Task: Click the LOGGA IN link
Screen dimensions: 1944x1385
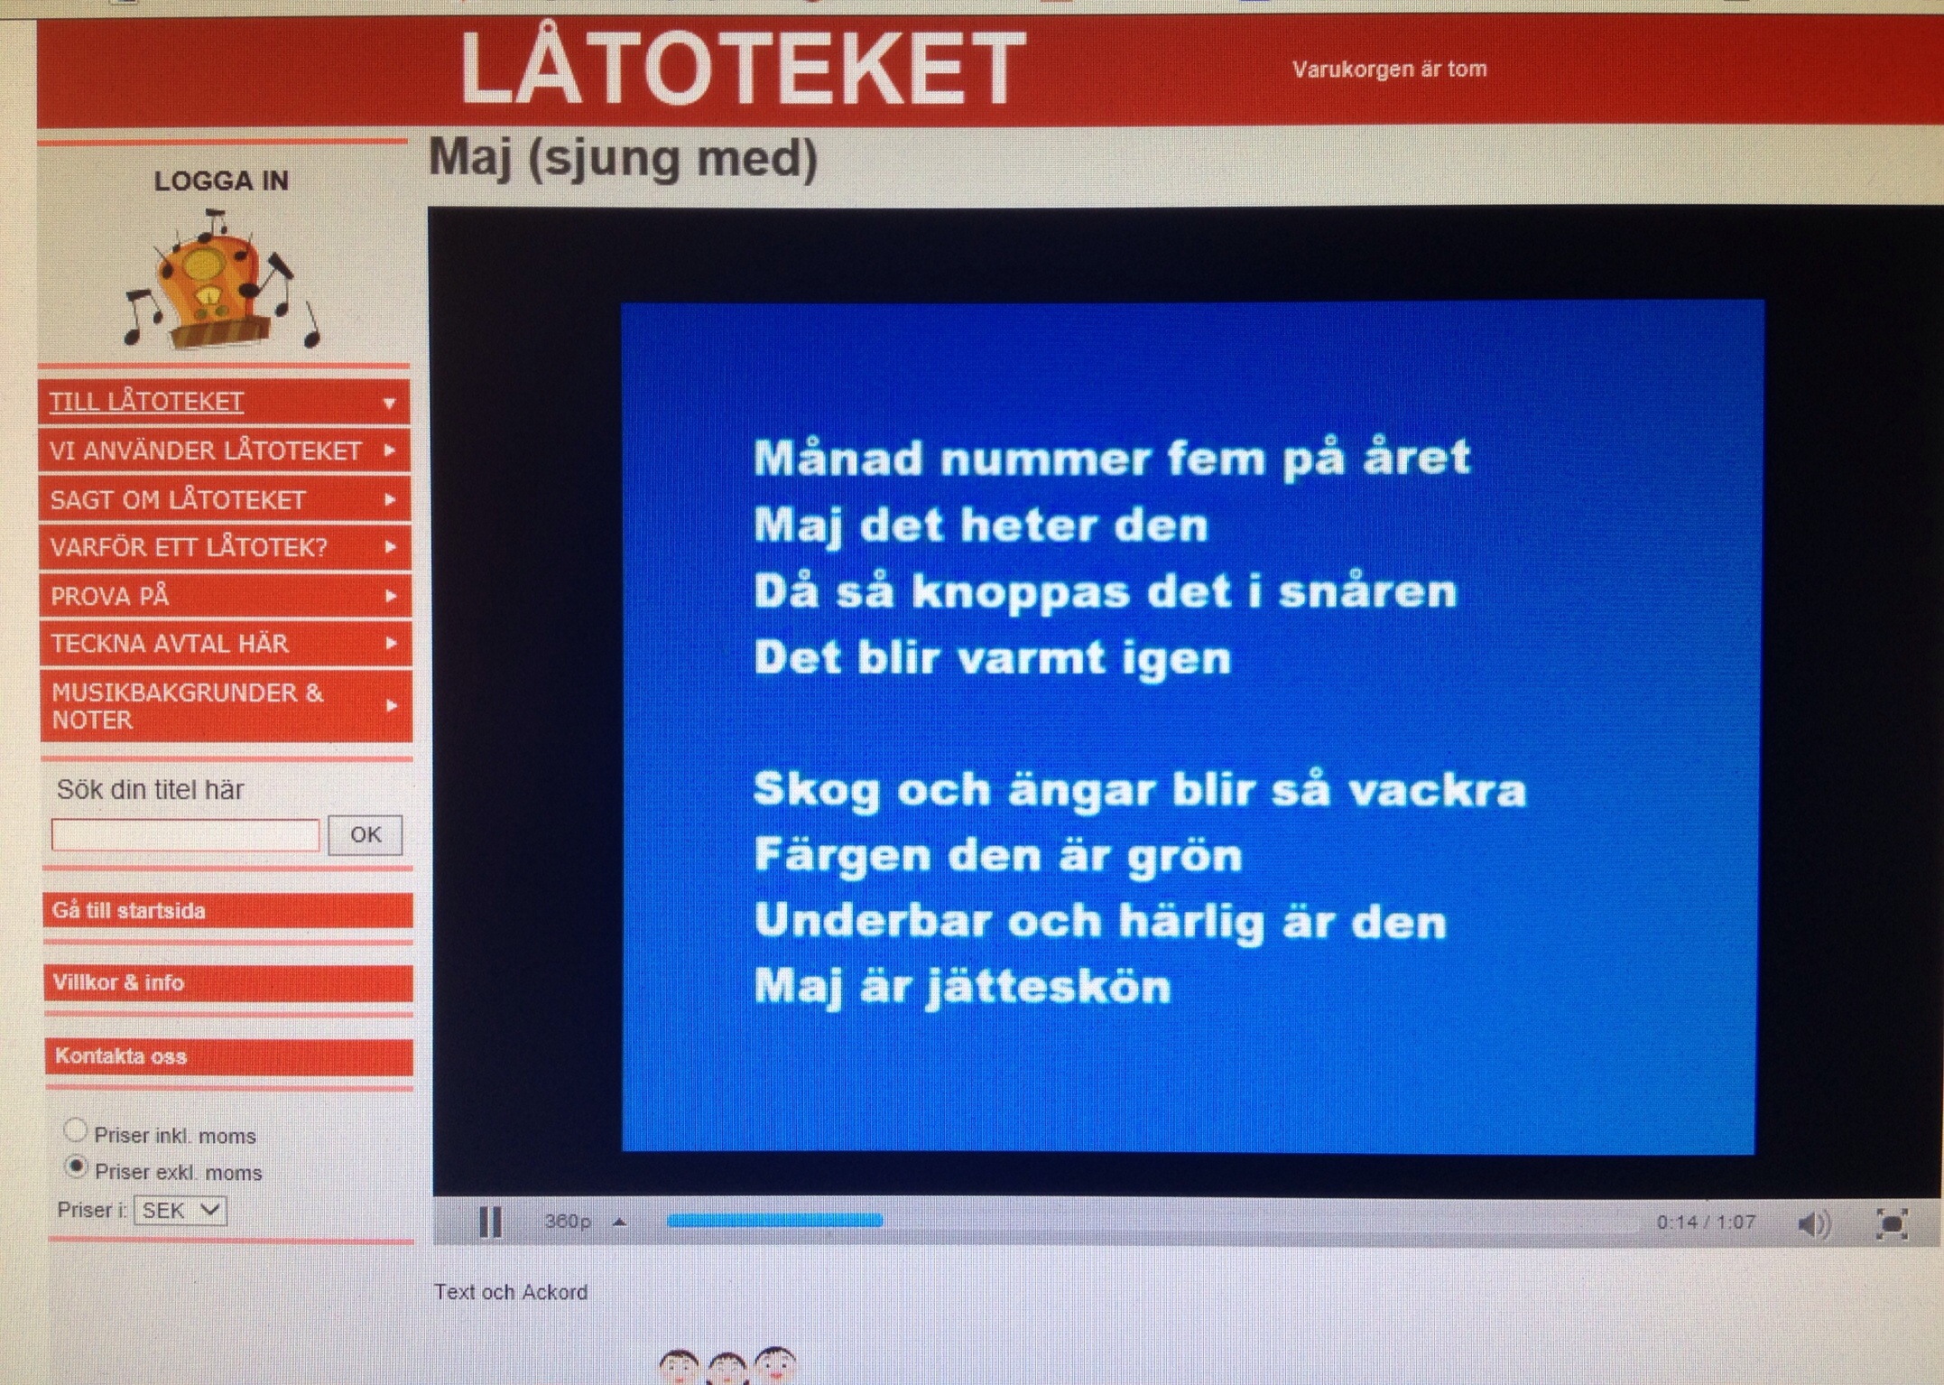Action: (x=221, y=181)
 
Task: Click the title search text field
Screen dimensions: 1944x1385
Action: (x=185, y=835)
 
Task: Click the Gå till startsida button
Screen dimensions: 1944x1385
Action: (x=227, y=911)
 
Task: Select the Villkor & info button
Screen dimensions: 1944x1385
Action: (x=227, y=982)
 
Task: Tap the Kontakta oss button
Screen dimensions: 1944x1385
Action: (x=228, y=1056)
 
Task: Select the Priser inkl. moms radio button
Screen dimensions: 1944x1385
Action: (x=76, y=1130)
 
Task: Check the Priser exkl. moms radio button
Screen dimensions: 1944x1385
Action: (x=77, y=1167)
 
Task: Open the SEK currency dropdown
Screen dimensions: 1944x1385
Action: (x=180, y=1210)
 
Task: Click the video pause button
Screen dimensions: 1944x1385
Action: (x=490, y=1222)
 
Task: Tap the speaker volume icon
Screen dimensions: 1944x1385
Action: (x=1814, y=1224)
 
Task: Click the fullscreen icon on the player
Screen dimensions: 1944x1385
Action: (x=1892, y=1224)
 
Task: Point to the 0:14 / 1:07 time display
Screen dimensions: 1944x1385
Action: (x=1706, y=1222)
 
